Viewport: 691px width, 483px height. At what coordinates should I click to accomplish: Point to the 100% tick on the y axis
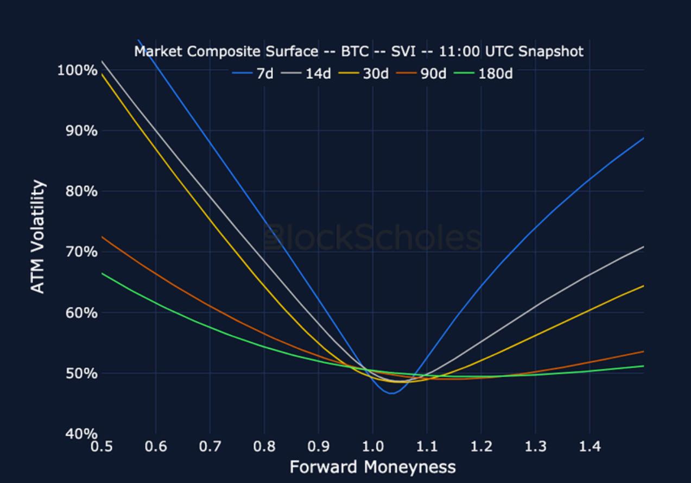(x=77, y=70)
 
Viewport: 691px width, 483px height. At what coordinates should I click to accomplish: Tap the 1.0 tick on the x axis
(x=372, y=447)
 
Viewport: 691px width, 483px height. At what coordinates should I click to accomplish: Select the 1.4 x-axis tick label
(x=589, y=447)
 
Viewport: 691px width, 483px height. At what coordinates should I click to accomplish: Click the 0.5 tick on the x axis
(x=102, y=447)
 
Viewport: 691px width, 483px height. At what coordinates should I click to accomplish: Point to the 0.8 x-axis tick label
(x=264, y=447)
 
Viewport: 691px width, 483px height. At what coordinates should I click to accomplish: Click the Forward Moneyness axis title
(x=372, y=467)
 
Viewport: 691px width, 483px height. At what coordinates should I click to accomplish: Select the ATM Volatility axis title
(x=37, y=237)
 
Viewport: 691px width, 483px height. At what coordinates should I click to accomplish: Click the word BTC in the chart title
(x=355, y=52)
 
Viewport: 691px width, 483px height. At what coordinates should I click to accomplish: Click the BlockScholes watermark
(x=372, y=238)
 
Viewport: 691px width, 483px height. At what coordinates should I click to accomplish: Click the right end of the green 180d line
(x=643, y=366)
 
